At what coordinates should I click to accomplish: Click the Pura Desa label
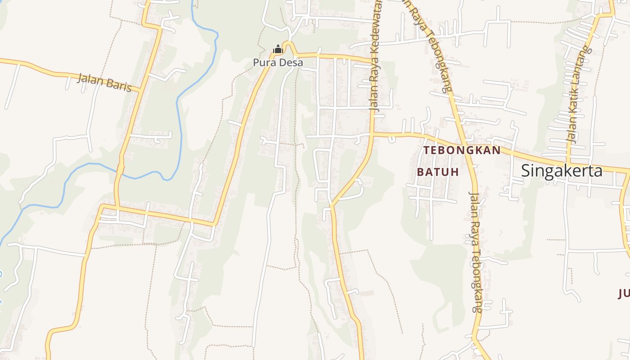click(x=278, y=63)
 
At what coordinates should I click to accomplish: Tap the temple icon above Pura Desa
click(x=278, y=49)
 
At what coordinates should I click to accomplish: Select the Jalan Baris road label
click(x=104, y=82)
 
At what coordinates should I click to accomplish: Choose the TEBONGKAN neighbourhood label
click(x=462, y=150)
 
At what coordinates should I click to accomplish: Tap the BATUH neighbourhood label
click(x=437, y=172)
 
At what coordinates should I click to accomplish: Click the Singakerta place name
click(x=562, y=171)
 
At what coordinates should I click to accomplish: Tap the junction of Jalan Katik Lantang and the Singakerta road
click(x=569, y=163)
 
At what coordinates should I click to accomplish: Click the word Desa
click(x=291, y=63)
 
